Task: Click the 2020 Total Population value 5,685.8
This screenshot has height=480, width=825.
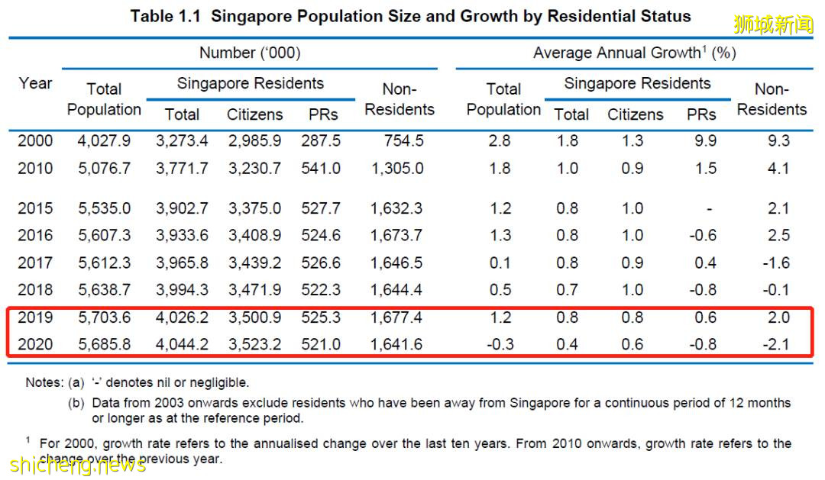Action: click(104, 344)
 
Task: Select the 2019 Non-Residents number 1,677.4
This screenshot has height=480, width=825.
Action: click(396, 317)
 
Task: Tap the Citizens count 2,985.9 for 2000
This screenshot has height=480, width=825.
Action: click(254, 140)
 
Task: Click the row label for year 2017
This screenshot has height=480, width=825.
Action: click(35, 263)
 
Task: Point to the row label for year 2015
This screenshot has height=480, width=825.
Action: click(35, 208)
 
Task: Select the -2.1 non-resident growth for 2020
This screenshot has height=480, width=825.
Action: click(778, 344)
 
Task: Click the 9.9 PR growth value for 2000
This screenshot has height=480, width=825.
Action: click(700, 140)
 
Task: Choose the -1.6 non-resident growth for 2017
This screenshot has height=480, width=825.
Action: click(778, 263)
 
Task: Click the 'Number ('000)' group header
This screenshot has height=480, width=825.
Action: click(249, 53)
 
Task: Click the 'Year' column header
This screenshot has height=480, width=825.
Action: click(35, 82)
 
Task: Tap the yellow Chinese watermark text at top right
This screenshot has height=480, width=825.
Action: click(774, 24)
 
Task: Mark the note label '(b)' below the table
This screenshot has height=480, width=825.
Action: click(76, 403)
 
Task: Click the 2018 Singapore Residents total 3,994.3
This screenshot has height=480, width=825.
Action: click(182, 290)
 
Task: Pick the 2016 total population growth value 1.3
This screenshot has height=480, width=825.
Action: click(500, 235)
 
